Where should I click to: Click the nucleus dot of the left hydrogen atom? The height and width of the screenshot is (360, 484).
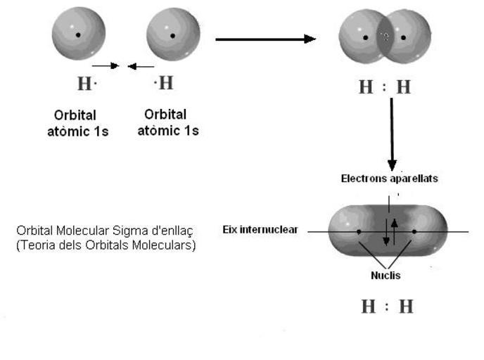[x=78, y=34]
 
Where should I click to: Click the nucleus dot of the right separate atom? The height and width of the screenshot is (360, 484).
[x=172, y=35]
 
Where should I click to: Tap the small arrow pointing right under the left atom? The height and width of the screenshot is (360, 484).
[x=106, y=66]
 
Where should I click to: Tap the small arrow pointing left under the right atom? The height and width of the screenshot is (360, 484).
[x=141, y=67]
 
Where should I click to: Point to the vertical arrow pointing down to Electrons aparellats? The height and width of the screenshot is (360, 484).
[x=392, y=133]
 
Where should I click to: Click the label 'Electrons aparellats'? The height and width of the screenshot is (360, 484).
[x=389, y=179]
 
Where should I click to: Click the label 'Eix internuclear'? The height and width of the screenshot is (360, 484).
[x=260, y=229]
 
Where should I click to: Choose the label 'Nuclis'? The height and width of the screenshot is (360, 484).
[x=386, y=275]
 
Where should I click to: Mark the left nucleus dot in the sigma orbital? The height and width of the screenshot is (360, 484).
[x=359, y=231]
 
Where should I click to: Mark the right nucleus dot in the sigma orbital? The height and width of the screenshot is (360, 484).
[x=414, y=231]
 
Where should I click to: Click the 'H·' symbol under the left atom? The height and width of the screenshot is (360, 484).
[x=87, y=84]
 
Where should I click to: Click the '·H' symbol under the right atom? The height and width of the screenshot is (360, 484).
[x=164, y=84]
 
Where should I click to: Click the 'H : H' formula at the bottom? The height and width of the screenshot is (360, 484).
[x=386, y=307]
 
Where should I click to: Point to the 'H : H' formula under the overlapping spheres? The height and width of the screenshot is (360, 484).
[x=384, y=87]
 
